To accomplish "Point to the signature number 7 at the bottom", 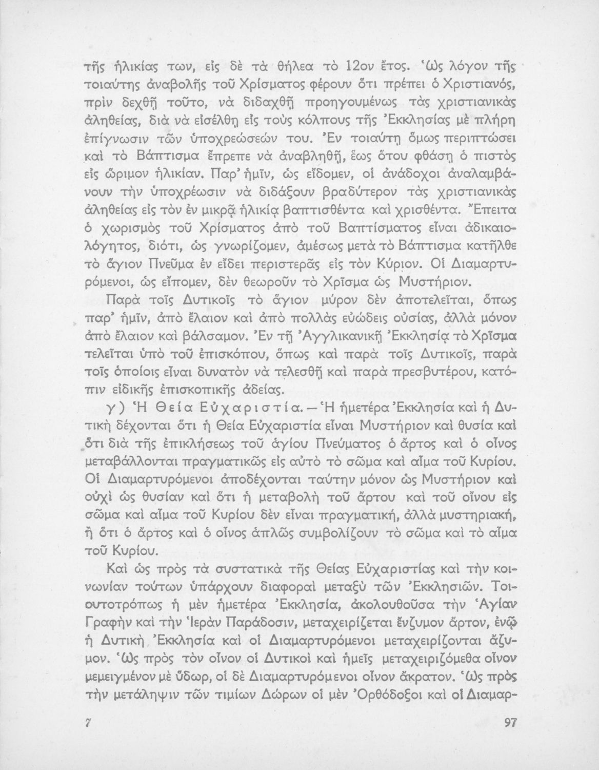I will pos(88,722).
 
